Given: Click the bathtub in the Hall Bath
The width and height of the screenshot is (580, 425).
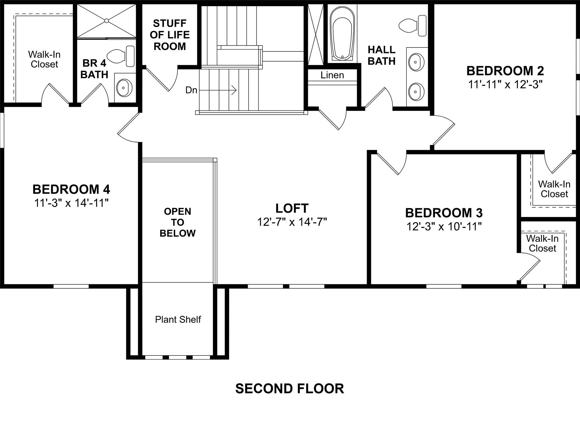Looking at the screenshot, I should pyautogui.click(x=342, y=34).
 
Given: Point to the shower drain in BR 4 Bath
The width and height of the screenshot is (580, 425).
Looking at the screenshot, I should pyautogui.click(x=106, y=21).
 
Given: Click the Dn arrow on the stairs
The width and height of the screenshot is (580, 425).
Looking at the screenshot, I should pyautogui.click(x=218, y=90).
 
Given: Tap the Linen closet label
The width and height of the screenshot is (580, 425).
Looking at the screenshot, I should pyautogui.click(x=332, y=75).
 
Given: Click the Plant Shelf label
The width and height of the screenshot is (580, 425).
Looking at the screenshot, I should pyautogui.click(x=178, y=319).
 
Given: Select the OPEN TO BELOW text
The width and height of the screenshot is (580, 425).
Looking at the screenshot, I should pyautogui.click(x=177, y=222).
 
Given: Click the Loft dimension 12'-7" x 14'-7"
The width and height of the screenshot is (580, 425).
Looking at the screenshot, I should pyautogui.click(x=292, y=222).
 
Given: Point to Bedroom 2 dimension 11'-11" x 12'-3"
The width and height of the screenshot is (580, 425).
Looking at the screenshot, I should pyautogui.click(x=505, y=84).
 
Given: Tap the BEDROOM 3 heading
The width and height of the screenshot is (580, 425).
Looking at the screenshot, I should pyautogui.click(x=444, y=213).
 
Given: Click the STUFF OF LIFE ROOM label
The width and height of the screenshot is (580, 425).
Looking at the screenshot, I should pyautogui.click(x=170, y=35).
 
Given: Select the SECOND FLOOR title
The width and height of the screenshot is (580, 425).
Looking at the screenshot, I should pyautogui.click(x=289, y=389).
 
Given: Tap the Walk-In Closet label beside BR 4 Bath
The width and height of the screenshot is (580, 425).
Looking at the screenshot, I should pyautogui.click(x=44, y=59).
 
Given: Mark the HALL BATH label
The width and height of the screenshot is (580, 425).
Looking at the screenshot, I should pyautogui.click(x=381, y=55).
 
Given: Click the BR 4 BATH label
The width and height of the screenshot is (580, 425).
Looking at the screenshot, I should pyautogui.click(x=94, y=69).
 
